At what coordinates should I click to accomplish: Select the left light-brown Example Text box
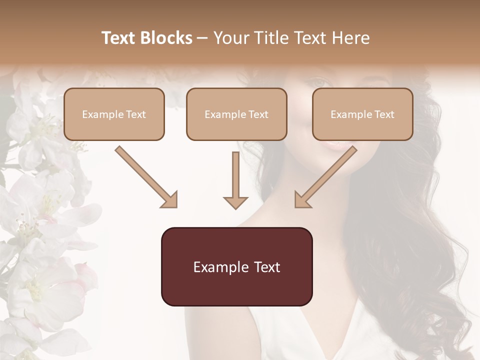click(114, 114)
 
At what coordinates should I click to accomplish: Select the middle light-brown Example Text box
click(236, 114)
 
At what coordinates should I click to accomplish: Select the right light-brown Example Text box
click(362, 114)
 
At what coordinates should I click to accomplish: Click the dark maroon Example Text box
click(236, 266)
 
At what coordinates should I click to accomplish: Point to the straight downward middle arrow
click(235, 177)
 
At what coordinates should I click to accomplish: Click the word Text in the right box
click(384, 114)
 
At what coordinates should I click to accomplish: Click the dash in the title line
click(202, 38)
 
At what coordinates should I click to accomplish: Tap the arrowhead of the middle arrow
click(235, 201)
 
